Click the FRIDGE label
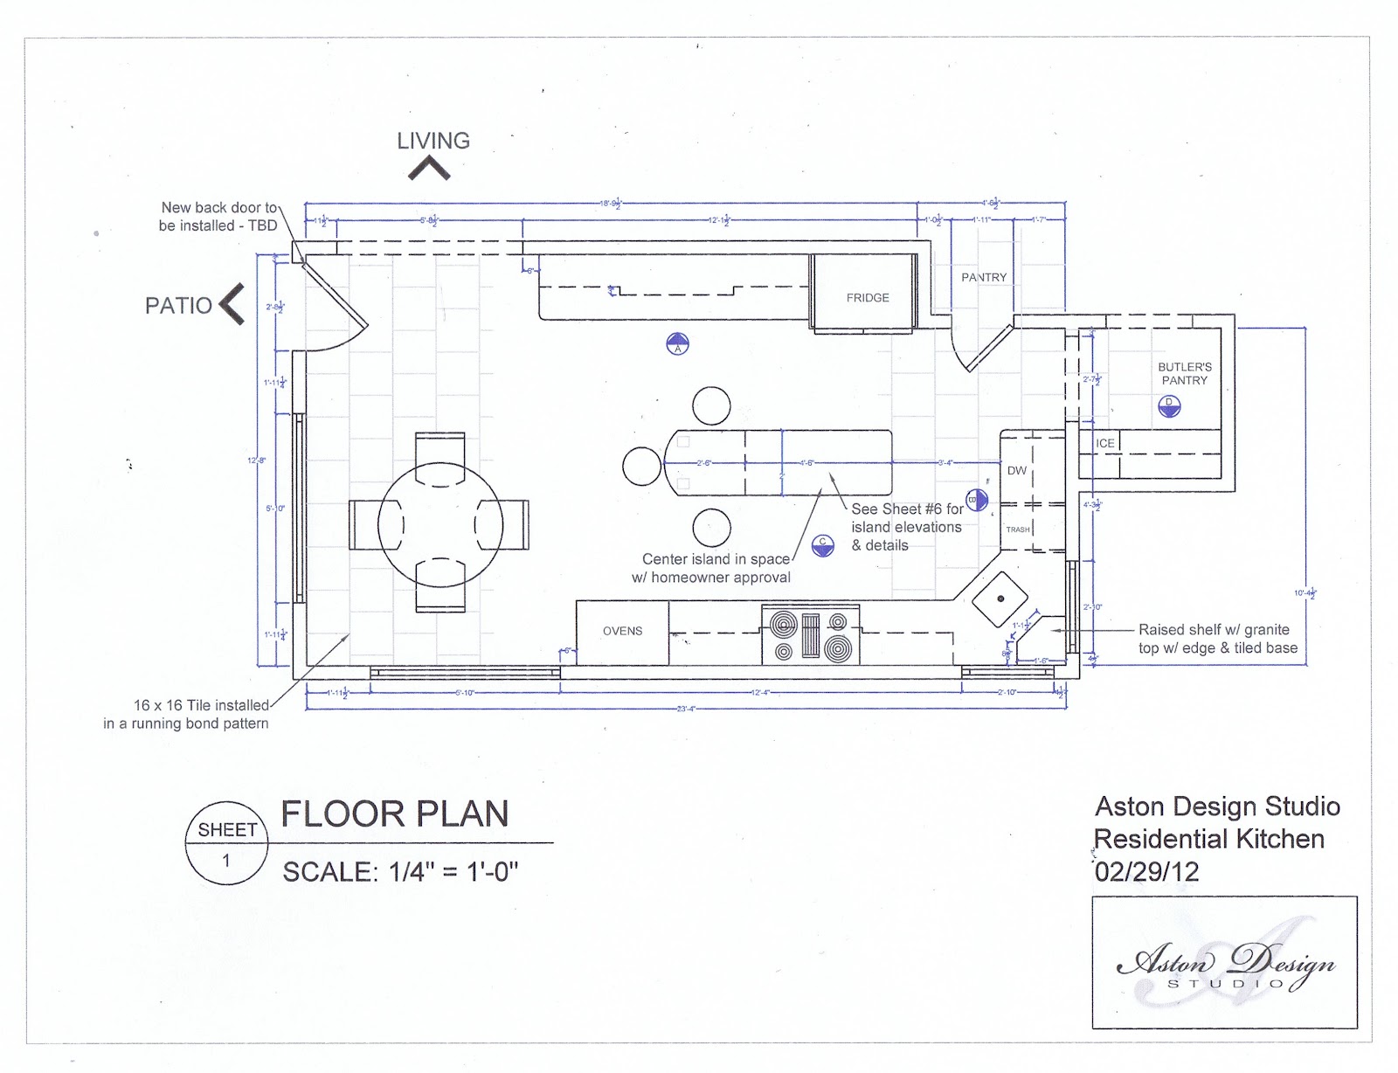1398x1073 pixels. point(867,298)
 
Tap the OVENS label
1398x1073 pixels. point(622,631)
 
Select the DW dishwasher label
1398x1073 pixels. point(1017,470)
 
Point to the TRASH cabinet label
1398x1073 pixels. point(1018,530)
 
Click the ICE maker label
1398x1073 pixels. point(1105,443)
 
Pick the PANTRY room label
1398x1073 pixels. point(984,277)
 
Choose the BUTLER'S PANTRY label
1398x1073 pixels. point(1184,374)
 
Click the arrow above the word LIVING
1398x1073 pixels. point(429,169)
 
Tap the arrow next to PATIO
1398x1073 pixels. point(232,304)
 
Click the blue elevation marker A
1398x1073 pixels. point(677,344)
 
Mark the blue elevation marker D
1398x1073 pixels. point(1169,406)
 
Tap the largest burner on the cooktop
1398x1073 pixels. point(839,648)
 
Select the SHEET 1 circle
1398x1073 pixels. point(226,842)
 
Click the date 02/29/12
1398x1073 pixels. point(1146,872)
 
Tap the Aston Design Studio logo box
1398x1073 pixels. point(1224,962)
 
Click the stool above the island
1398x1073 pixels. point(711,405)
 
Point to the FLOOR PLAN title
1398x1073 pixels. point(395,814)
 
